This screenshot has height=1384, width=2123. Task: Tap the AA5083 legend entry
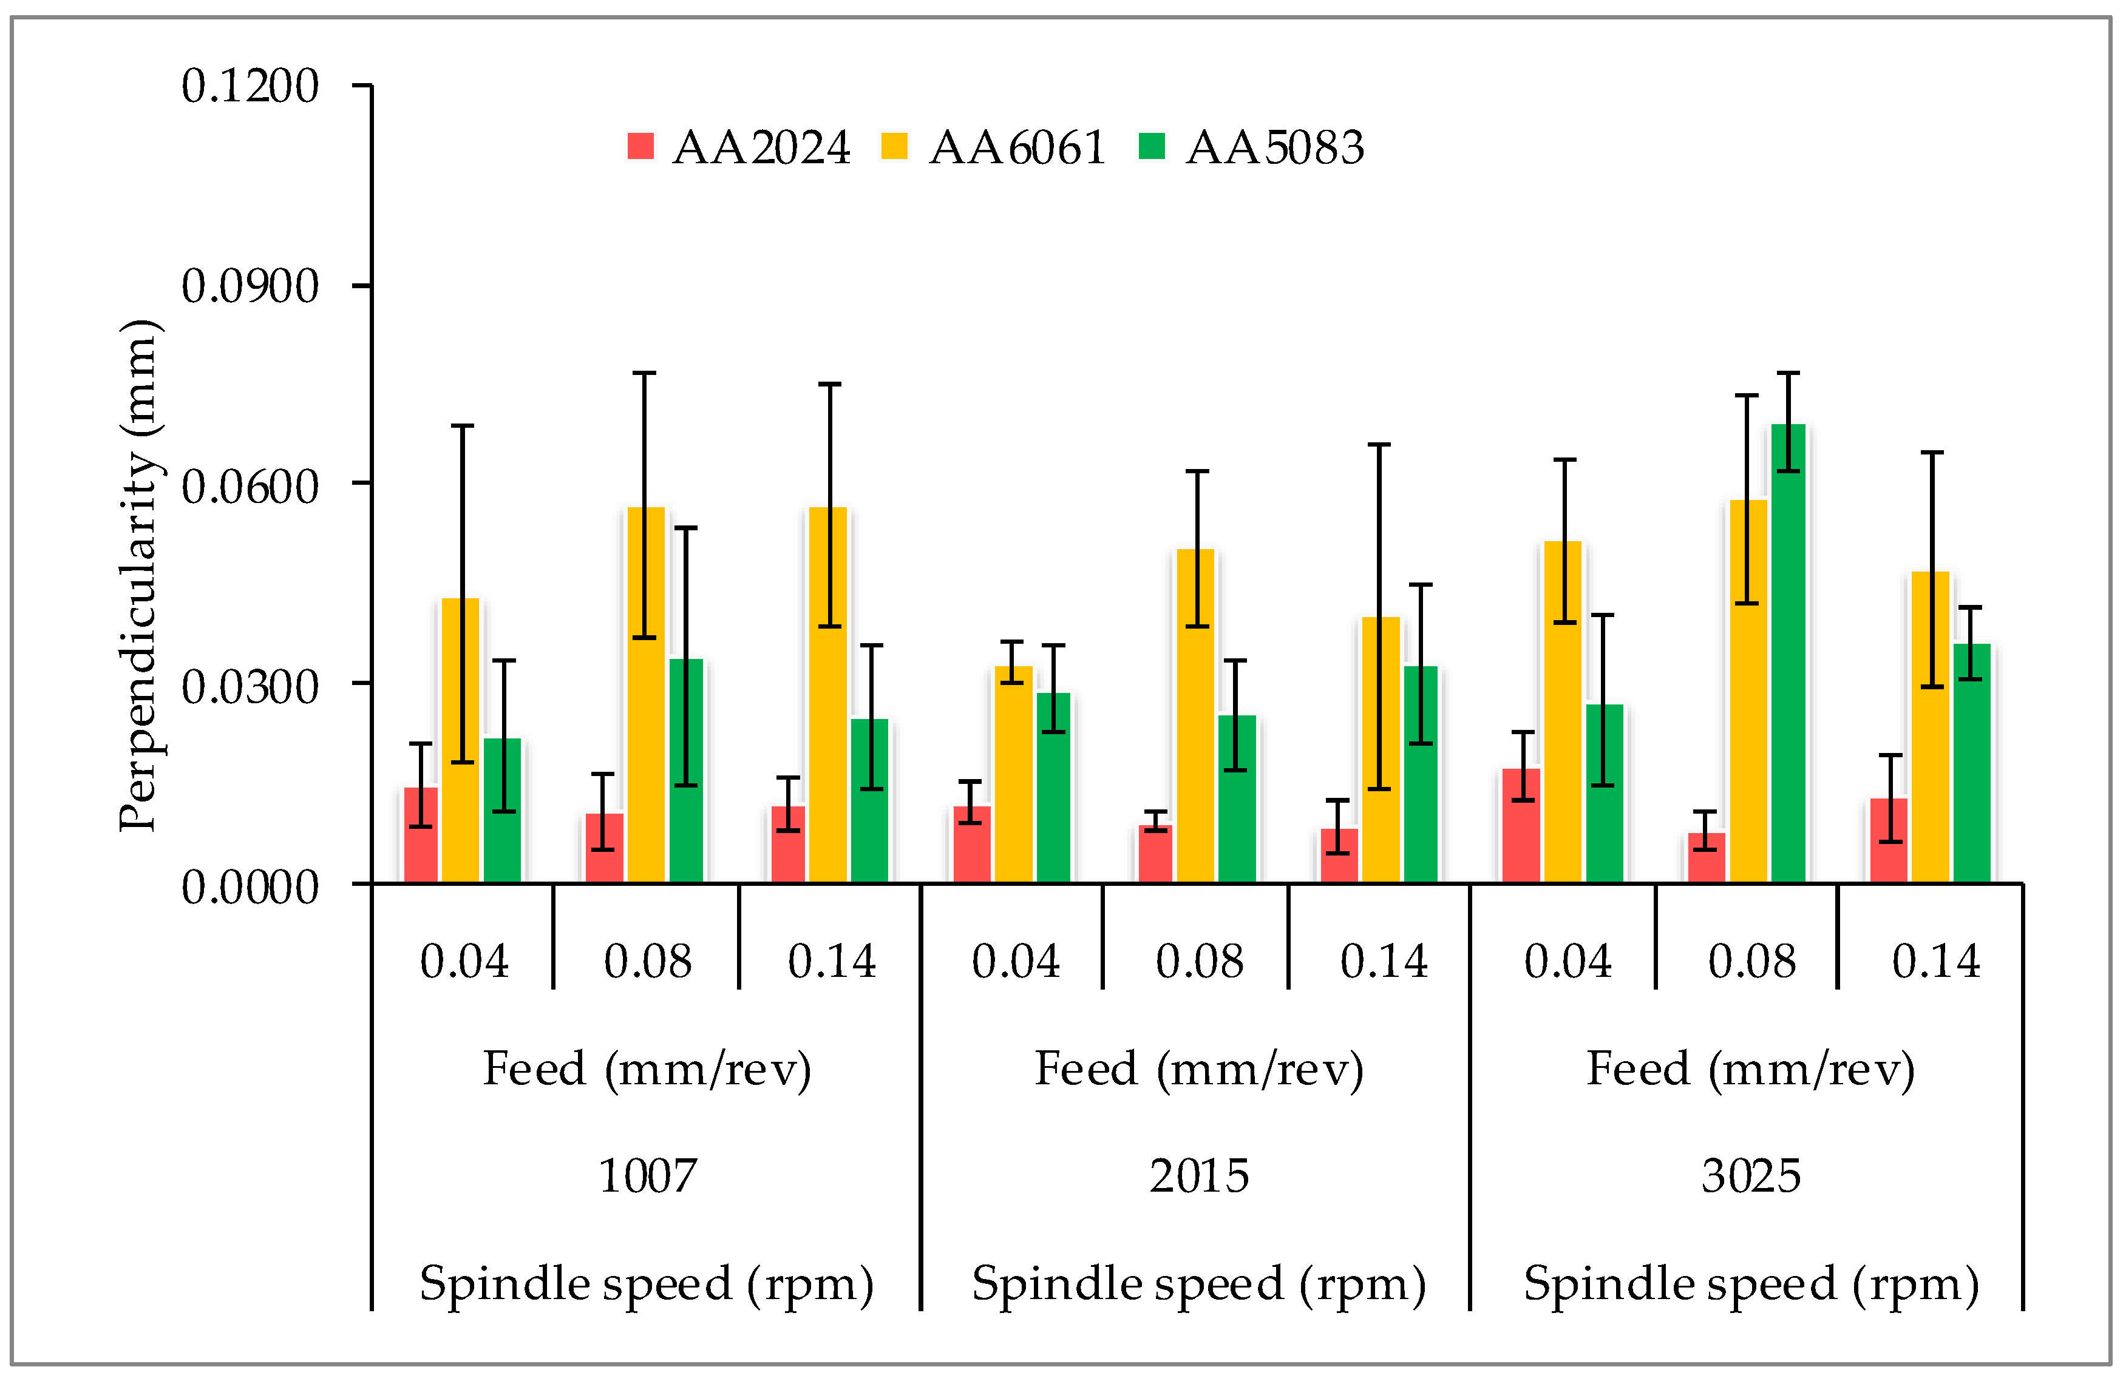click(x=1251, y=147)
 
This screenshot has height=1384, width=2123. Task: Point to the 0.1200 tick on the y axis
click(x=250, y=87)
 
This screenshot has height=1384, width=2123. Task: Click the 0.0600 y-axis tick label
click(x=250, y=487)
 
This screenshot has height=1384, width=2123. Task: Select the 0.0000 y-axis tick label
click(x=250, y=887)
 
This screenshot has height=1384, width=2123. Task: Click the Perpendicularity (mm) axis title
click(x=139, y=575)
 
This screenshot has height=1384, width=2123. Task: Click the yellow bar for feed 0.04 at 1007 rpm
click(x=460, y=740)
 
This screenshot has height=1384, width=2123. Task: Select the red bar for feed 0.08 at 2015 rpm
click(x=1155, y=854)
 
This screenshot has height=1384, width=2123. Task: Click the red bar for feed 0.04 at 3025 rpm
click(x=1521, y=825)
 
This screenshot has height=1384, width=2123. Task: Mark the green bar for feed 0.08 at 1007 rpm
click(x=686, y=771)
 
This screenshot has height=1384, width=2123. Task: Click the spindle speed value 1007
click(x=647, y=1176)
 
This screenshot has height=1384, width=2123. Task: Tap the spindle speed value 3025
click(x=1750, y=1176)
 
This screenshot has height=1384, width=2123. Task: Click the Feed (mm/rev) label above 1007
click(x=647, y=1069)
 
